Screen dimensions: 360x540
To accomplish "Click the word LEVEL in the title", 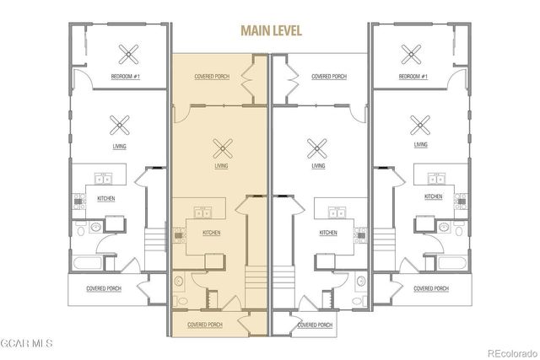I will (284, 31).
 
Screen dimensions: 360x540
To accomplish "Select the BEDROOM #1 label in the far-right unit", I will (413, 77).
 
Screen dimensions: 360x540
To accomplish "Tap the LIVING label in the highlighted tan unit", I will (221, 166).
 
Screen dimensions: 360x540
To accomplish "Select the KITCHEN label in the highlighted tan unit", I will (211, 232).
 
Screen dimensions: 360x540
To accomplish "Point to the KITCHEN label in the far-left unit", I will (107, 197).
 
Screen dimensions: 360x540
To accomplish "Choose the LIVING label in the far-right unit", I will (420, 144).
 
